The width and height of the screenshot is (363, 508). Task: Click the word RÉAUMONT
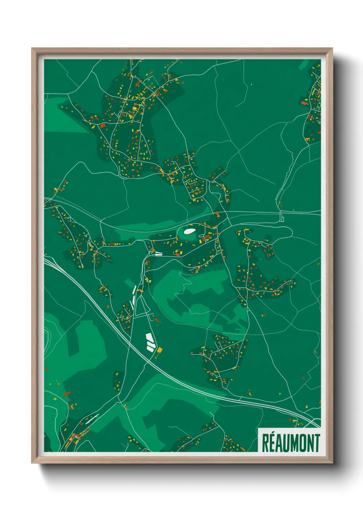(x=291, y=443)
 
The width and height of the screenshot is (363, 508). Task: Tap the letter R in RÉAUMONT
(x=266, y=443)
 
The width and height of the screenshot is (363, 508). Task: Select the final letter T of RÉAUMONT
(x=317, y=443)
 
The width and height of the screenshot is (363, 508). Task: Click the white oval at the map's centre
(x=188, y=231)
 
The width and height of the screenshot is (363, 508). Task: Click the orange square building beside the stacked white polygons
(x=160, y=350)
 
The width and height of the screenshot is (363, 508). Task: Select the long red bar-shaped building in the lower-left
(x=67, y=393)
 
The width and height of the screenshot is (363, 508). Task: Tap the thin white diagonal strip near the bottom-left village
(x=92, y=419)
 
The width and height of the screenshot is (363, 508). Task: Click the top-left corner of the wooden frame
(x=32, y=49)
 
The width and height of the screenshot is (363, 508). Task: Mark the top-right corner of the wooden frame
(x=332, y=49)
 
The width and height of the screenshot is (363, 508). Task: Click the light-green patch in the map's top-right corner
(x=304, y=65)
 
